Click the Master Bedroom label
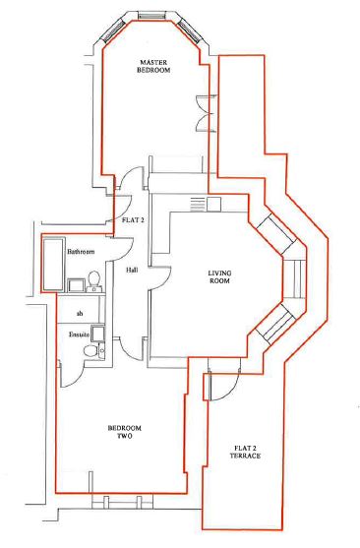153,66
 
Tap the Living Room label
219,276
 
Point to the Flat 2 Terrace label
245,452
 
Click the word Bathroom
81,252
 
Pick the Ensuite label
79,335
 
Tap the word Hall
132,271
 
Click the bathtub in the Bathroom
53,264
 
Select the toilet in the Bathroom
94,281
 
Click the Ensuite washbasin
97,334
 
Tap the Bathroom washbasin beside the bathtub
76,285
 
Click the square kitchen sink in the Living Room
213,204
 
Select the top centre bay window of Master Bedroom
151,16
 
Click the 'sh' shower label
80,314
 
